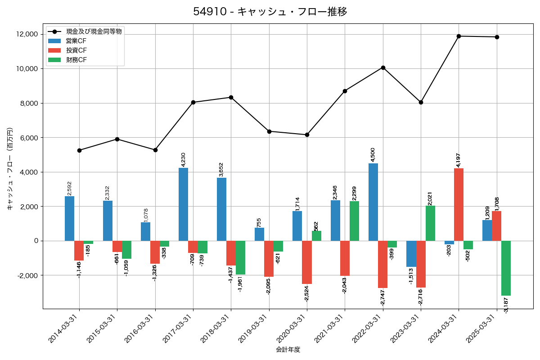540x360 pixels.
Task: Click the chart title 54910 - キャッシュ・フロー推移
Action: tap(270, 12)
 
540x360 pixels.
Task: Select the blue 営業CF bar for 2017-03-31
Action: tap(183, 204)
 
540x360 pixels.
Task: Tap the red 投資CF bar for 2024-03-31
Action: tap(459, 204)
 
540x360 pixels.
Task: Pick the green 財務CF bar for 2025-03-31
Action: tap(506, 268)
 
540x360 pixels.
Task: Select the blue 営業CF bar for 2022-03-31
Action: tap(373, 202)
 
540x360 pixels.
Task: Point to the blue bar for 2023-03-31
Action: tap(411, 254)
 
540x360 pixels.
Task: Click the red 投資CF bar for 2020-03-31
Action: tap(306, 262)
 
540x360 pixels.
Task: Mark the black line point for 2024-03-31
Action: tap(459, 36)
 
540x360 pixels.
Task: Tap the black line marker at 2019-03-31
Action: tap(269, 131)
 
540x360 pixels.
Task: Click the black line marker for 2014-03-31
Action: tap(79, 150)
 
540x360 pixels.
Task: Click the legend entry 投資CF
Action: tap(76, 50)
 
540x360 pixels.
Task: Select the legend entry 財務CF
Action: tap(76, 60)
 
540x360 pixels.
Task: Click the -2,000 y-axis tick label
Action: tap(27, 275)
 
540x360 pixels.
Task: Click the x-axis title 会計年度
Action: tap(288, 350)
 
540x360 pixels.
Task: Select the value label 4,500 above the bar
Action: tap(373, 154)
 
